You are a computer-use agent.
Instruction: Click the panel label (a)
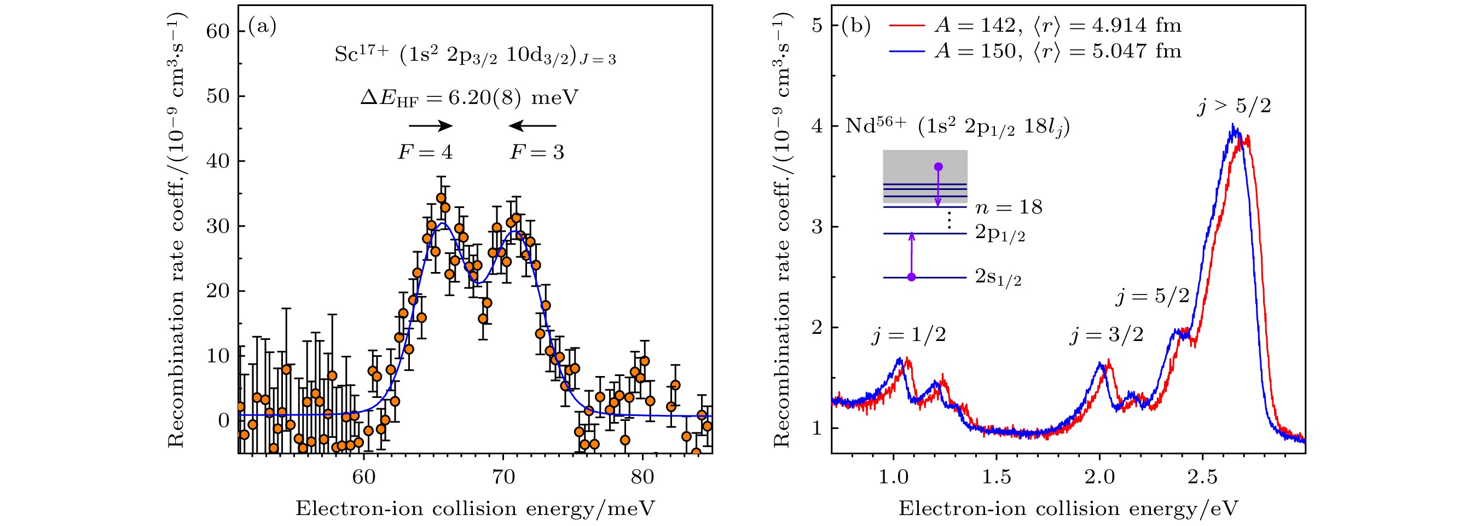[262, 27]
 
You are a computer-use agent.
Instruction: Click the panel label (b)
[856, 26]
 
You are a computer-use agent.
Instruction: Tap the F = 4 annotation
[425, 152]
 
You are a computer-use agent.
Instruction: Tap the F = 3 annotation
[537, 152]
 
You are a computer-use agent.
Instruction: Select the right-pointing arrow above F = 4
[431, 126]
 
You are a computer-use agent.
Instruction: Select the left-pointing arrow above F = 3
[532, 126]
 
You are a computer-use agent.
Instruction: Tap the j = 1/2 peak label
[909, 335]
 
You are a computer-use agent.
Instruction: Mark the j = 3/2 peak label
[1107, 335]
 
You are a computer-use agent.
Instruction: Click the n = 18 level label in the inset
[1009, 207]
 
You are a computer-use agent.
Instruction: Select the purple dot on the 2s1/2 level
[911, 277]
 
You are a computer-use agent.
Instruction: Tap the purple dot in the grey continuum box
[939, 166]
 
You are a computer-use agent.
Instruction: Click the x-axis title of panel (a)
[475, 508]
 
